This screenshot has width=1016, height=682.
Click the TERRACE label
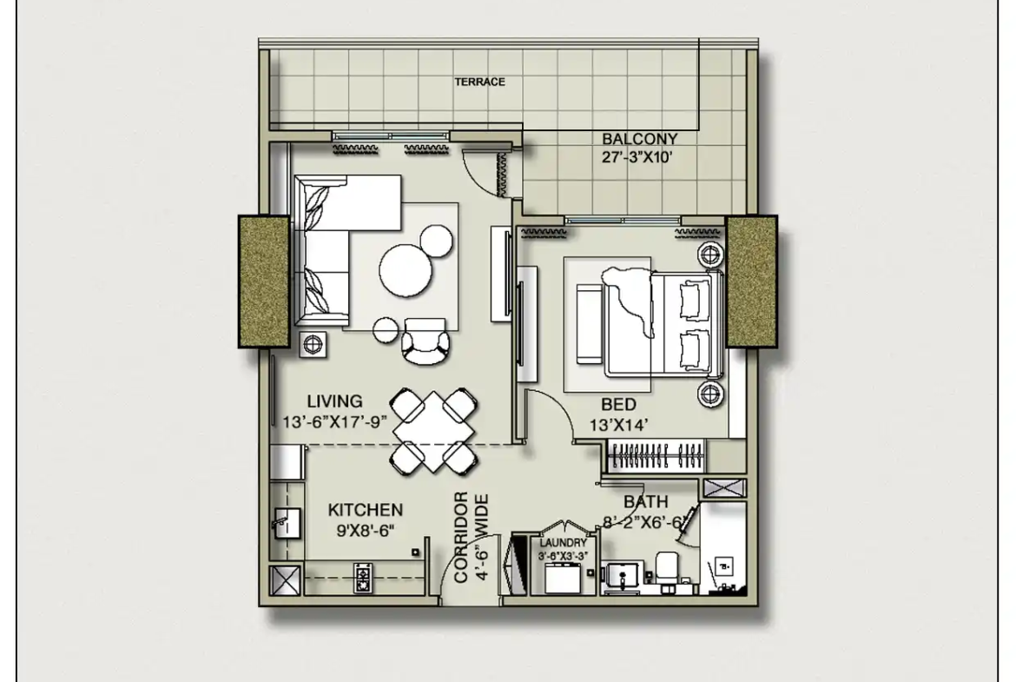(479, 82)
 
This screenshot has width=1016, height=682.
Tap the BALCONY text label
(639, 139)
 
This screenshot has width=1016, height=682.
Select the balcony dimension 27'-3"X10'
(637, 157)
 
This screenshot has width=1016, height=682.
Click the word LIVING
(334, 402)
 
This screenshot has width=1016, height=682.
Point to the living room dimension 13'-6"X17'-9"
(334, 422)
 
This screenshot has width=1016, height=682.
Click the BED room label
(618, 405)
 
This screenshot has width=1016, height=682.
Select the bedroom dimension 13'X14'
(619, 426)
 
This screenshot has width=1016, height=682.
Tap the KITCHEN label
(366, 510)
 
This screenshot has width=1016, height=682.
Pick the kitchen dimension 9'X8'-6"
(366, 530)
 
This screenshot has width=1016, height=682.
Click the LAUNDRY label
(563, 543)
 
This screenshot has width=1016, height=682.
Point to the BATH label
(645, 502)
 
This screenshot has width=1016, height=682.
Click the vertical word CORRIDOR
(461, 538)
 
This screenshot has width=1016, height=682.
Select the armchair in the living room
(425, 341)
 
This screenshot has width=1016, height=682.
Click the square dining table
(433, 430)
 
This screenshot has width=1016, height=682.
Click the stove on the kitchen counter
(363, 578)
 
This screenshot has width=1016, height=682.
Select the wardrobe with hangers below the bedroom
(656, 455)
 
